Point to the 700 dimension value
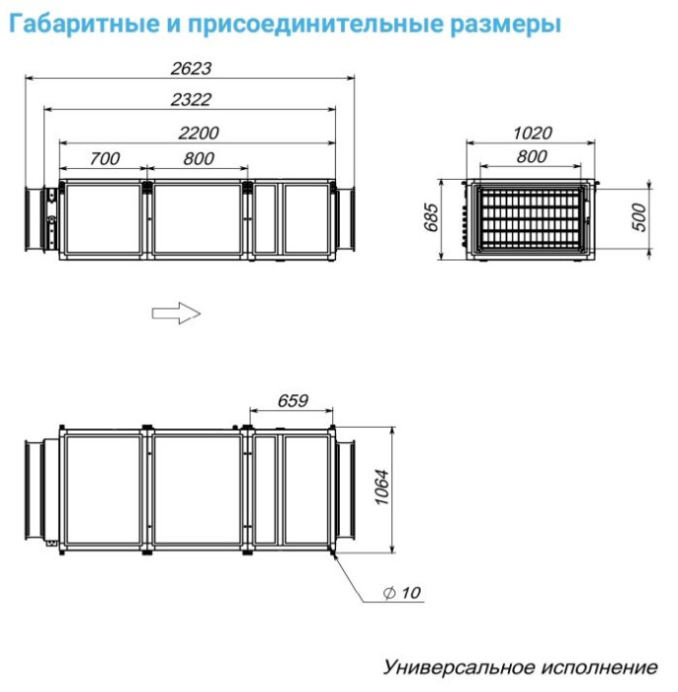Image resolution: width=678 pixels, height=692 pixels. click(x=104, y=158)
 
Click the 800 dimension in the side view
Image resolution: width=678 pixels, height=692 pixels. click(x=199, y=158)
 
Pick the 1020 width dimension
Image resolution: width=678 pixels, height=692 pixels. click(x=533, y=132)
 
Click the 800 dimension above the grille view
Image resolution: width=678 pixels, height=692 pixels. click(x=532, y=156)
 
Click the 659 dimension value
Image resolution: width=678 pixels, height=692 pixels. click(x=294, y=400)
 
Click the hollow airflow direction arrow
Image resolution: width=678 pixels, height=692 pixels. click(x=176, y=312)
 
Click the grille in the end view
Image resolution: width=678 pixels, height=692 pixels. click(x=532, y=217)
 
